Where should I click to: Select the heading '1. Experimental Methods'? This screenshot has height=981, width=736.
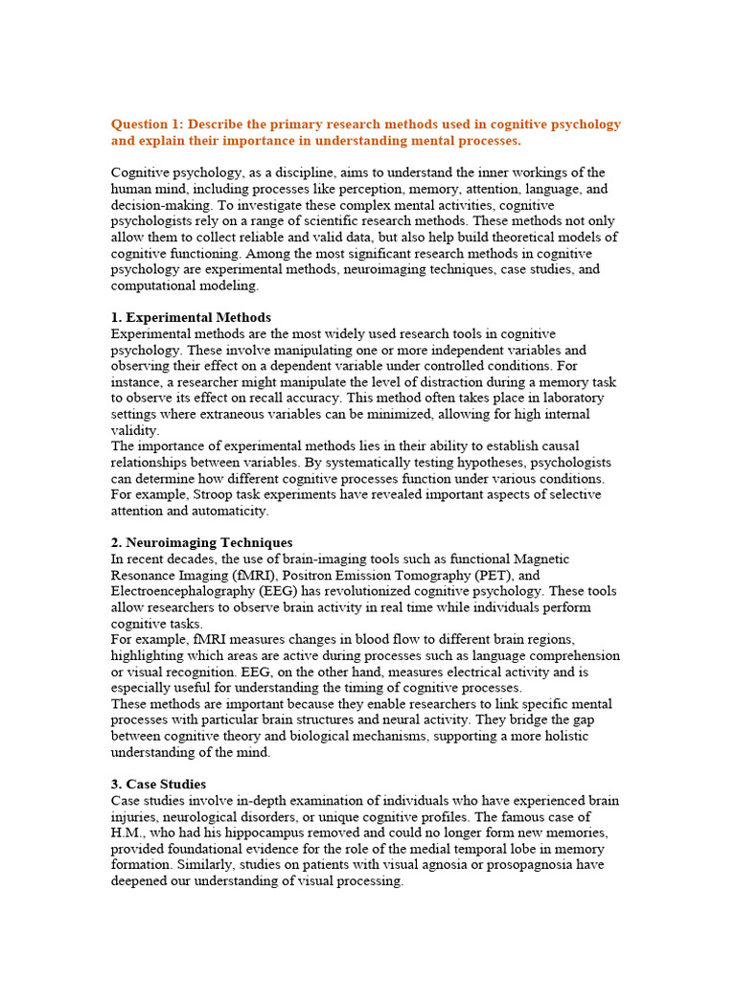tap(191, 317)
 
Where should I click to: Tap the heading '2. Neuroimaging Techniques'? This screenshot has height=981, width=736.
tap(201, 542)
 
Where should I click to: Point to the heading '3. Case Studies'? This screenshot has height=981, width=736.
tap(158, 784)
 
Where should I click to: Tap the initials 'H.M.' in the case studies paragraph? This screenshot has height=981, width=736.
tap(126, 833)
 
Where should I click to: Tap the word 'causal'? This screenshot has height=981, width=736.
tap(586, 445)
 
